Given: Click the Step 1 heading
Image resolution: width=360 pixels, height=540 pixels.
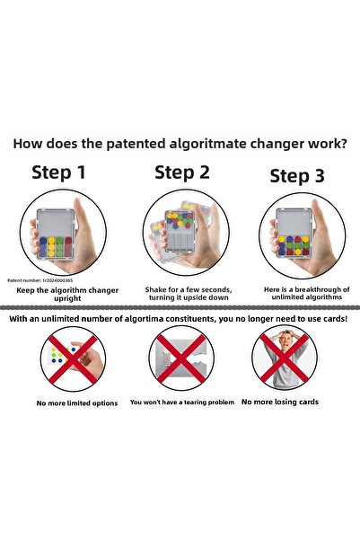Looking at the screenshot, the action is click(58, 173).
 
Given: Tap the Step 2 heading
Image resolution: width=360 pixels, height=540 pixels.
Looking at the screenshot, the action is click(182, 173).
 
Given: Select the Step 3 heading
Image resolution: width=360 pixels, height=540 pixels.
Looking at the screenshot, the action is click(297, 176).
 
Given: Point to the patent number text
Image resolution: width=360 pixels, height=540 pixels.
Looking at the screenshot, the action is click(40, 280).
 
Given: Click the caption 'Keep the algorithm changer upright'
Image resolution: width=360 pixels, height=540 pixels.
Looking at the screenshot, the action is click(67, 294).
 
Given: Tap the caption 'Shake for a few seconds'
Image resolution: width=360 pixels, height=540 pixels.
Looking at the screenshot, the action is click(189, 289).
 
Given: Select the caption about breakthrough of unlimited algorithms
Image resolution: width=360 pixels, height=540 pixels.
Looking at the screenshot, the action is click(307, 293).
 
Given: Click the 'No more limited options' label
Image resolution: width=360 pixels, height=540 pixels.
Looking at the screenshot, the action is click(77, 403).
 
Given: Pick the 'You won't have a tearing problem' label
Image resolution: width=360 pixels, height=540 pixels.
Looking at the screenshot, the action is click(182, 402).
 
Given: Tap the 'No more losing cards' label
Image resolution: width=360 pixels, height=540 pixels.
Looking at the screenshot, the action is click(280, 402).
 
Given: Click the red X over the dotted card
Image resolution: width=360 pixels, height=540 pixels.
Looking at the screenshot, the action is click(73, 359).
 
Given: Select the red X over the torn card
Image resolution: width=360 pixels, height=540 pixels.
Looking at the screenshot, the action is click(181, 359).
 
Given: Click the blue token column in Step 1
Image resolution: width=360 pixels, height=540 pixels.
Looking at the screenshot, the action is click(43, 247).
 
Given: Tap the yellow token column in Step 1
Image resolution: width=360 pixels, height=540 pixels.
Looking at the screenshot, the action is click(51, 247).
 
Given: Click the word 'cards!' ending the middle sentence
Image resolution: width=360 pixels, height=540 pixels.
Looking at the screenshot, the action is click(336, 319).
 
